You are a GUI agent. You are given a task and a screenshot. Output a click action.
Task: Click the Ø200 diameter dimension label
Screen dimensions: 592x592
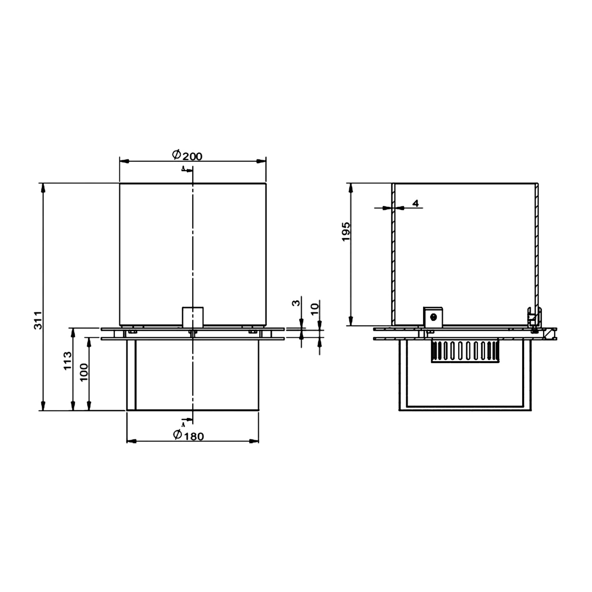187,155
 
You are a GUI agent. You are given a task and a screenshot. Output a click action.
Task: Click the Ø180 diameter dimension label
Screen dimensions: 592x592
188,435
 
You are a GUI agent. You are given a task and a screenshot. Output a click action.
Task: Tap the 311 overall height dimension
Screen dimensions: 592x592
38,320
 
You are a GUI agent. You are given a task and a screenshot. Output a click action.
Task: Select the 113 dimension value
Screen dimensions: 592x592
67,361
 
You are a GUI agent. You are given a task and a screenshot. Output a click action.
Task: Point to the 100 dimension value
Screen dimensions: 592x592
84,372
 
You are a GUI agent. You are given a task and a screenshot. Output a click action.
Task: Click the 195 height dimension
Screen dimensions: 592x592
346,232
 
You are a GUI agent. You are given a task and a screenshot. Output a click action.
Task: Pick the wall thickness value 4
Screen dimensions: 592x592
415,203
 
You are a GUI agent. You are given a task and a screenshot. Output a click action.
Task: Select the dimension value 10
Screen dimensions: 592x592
315,310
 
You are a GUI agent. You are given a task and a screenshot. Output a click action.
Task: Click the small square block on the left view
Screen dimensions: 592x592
193,317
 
